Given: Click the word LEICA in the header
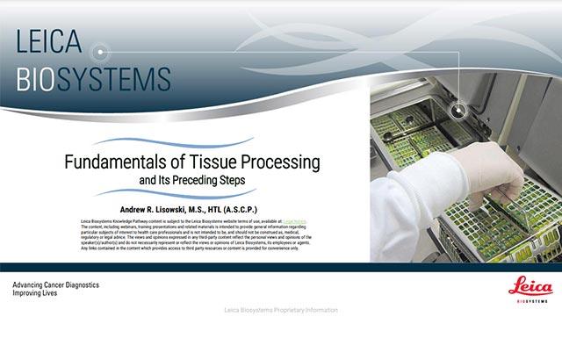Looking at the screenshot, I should pos(49,41).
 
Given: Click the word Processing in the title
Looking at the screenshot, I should pos(281,164).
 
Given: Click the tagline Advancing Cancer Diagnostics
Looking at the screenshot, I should pos(55,285).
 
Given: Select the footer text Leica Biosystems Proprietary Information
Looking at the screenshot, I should pos(281,310).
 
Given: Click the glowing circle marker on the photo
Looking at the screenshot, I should pos(458,110).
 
